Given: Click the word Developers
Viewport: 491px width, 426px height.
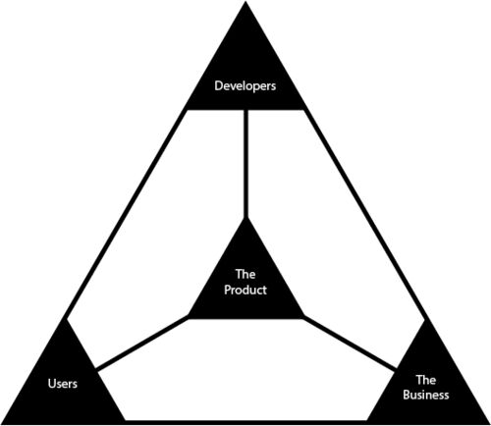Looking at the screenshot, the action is point(245,86).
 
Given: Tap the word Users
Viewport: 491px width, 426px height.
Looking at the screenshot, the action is point(63,383).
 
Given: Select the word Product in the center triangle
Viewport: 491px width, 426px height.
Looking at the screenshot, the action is point(245,290).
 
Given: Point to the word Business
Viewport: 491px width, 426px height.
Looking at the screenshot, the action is point(426,395).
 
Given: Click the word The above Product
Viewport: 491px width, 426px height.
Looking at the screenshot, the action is point(245,274).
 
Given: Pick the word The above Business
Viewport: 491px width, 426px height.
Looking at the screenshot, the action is point(426,380).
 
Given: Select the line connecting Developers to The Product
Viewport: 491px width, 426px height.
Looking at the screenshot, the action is point(245,164).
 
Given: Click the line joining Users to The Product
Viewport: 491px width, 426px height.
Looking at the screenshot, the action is point(142,343).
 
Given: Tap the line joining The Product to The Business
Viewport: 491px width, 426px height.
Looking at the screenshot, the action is point(350,343).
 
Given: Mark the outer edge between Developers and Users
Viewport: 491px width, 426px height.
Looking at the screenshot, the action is point(126,214).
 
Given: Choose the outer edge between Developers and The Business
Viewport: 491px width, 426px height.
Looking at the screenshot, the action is point(365,214).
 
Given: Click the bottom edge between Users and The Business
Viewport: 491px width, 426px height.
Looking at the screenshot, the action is point(245,422).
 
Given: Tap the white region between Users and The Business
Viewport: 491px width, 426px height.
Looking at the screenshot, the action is point(245,370).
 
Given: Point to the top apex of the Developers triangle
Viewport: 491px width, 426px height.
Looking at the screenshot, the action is point(245,2).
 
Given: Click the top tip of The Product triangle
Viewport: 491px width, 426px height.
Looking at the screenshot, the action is point(245,219).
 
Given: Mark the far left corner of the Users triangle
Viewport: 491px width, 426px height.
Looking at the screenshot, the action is point(2,424).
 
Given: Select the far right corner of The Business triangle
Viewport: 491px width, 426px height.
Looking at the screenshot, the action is point(489,424).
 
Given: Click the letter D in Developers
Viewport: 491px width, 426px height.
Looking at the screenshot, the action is point(218,85).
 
